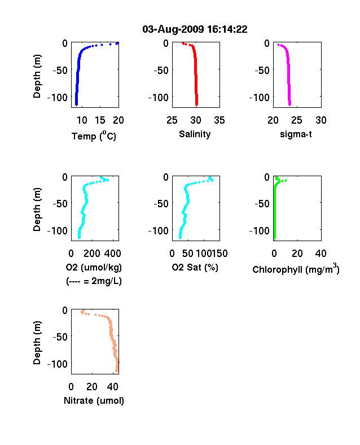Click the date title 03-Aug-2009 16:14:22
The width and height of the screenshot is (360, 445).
point(195,29)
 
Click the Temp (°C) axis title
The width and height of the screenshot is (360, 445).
point(94,136)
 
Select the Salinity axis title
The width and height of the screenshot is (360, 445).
point(195,134)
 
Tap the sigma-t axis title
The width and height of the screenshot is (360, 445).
point(296,134)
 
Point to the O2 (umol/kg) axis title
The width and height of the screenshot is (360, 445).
point(94,267)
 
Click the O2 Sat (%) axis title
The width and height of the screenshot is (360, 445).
point(195,267)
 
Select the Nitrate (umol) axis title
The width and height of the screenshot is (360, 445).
point(94,400)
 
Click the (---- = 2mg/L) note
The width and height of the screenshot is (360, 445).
point(94,281)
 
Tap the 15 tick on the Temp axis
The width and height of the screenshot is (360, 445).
point(100,120)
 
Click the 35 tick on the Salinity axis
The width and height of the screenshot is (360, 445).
point(219,120)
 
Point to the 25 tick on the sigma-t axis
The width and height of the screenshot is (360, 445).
point(296,120)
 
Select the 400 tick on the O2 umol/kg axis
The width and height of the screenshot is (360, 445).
point(112,254)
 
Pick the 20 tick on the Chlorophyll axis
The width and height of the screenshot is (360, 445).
point(297,254)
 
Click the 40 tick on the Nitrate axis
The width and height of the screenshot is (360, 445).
point(112,386)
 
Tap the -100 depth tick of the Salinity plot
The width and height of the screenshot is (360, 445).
point(158,97)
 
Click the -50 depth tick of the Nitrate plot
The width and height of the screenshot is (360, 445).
point(60,337)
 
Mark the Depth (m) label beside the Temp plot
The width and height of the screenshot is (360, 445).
point(37,76)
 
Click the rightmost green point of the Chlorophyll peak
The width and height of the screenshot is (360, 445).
point(286,181)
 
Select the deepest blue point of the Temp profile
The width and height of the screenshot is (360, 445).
point(76,104)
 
